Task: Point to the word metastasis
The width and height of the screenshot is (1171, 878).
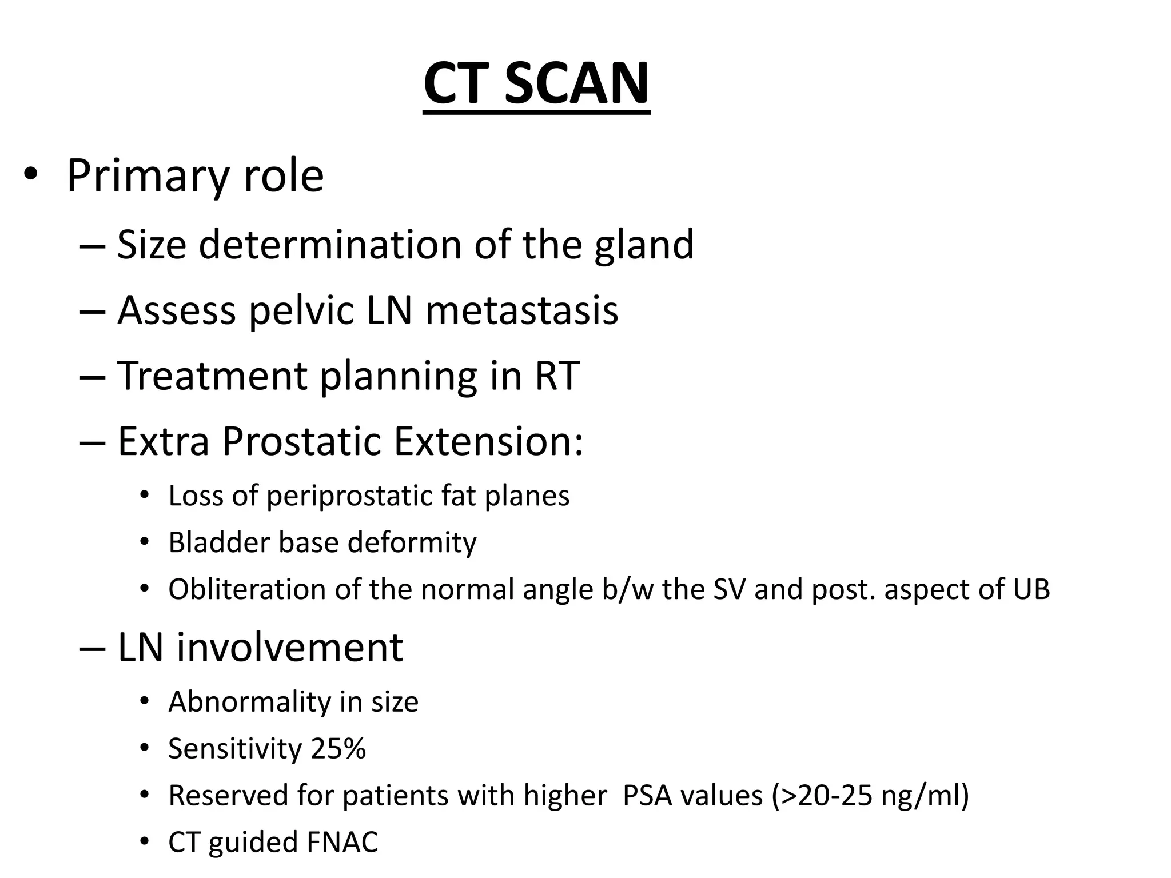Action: coord(521,311)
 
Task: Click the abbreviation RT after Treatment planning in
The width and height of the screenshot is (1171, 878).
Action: coord(557,376)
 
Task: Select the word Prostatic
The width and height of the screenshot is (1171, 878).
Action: coord(301,442)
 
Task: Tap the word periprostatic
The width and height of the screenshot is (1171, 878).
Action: coord(349,496)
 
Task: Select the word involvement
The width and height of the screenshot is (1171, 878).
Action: coord(289,648)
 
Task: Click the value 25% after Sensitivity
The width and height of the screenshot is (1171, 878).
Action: coord(338,749)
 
